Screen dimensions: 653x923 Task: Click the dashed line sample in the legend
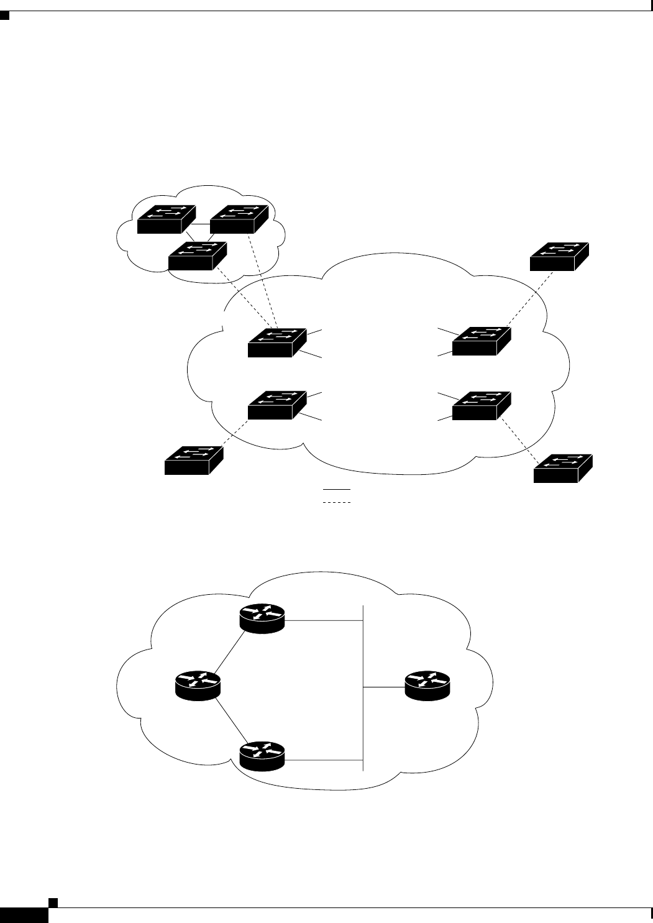337,501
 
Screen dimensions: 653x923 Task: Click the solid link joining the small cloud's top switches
201,224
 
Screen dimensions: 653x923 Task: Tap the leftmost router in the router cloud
197,686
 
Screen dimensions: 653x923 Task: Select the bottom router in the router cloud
262,756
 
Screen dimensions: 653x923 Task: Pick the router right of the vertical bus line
427,686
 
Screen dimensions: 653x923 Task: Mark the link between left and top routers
229,653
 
